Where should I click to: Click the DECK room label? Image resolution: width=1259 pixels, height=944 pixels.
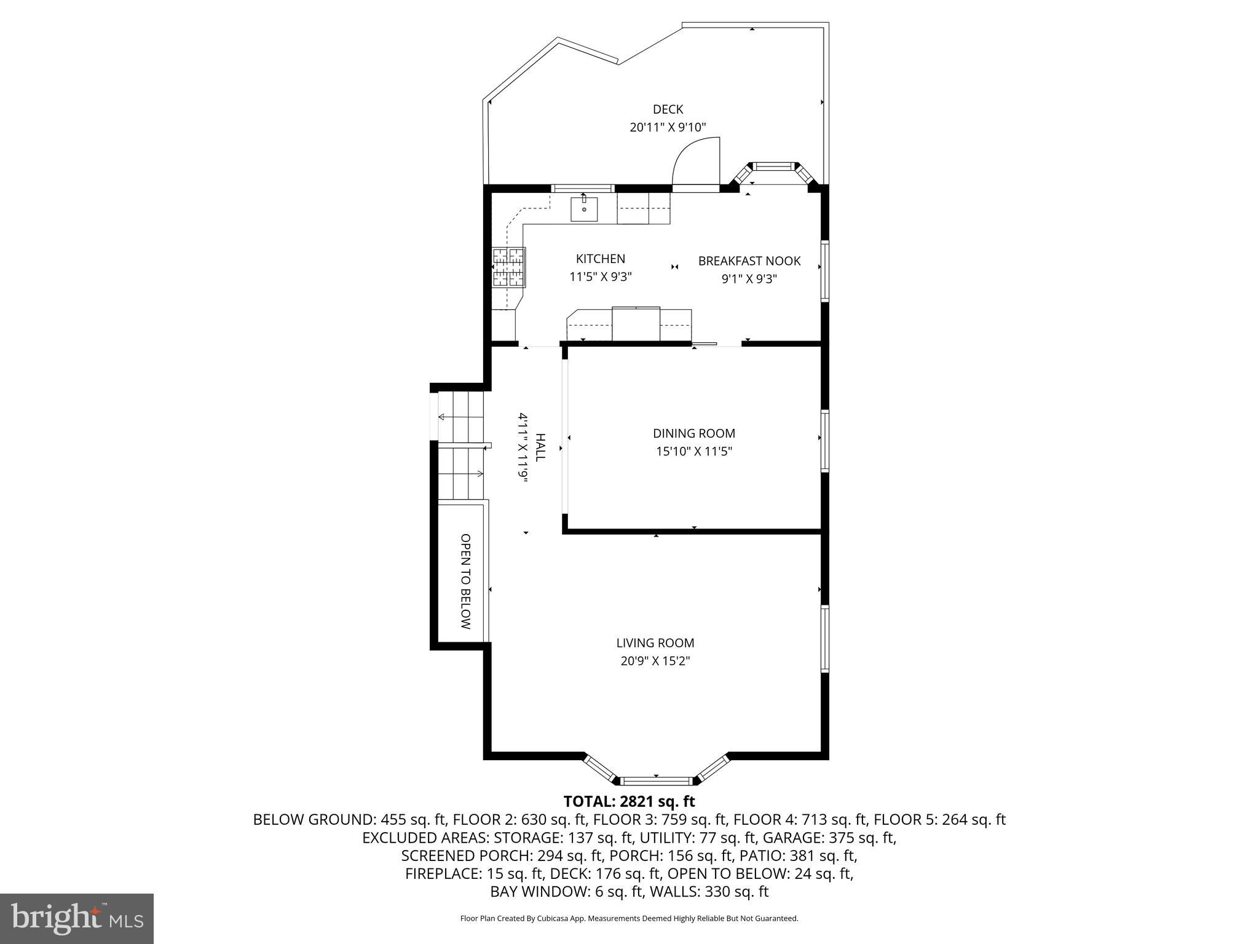pos(668,109)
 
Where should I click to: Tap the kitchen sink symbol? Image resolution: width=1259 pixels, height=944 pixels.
pos(584,209)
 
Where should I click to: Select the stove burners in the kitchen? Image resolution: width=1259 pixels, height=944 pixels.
pos(509,267)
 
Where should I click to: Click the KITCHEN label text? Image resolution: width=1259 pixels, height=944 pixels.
pos(600,259)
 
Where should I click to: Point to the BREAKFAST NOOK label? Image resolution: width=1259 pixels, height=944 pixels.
pos(749,261)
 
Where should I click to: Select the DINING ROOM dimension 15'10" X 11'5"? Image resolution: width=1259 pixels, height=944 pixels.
pos(693,452)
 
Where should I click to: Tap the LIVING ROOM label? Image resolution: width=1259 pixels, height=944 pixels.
pos(655,643)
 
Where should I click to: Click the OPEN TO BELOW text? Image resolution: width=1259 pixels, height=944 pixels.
pos(465,581)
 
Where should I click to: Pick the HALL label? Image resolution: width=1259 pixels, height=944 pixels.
pos(540,447)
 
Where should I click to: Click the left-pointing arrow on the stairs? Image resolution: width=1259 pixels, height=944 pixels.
pos(441,417)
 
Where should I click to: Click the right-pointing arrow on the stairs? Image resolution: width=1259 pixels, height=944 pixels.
pos(479,473)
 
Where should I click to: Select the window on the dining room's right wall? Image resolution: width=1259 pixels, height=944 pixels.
pos(825,441)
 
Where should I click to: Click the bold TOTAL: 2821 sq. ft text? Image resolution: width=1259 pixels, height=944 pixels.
pos(629,801)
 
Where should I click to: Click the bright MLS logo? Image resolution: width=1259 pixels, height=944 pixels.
pos(77,918)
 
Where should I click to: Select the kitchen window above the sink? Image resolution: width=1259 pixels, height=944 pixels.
pos(583,189)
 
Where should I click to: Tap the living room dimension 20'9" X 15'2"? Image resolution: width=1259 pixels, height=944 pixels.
pos(655,661)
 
